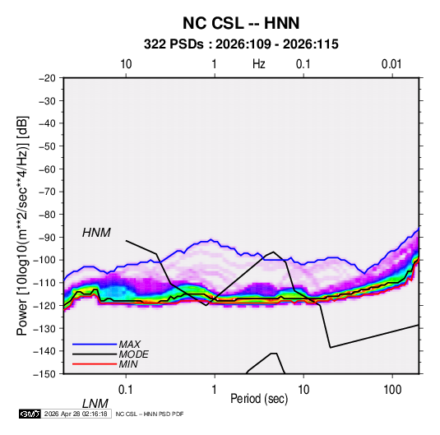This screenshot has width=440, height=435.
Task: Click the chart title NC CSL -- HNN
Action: [x=241, y=23]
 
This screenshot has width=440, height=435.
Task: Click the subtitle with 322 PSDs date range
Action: [x=241, y=44]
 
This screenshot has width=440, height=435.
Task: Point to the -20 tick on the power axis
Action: [x=47, y=78]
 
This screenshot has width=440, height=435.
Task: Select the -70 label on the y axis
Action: [x=47, y=192]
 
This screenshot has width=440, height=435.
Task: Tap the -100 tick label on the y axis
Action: [x=44, y=260]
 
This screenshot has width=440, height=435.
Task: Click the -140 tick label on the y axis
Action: [x=44, y=351]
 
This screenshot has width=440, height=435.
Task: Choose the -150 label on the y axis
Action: [x=44, y=374]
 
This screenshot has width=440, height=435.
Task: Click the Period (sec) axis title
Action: [x=259, y=399]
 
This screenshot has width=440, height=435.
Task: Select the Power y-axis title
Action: [x=22, y=226]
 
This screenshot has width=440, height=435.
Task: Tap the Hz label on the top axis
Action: [x=259, y=64]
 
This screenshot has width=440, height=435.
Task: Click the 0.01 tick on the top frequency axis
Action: [x=391, y=64]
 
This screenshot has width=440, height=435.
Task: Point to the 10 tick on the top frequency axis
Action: [x=126, y=64]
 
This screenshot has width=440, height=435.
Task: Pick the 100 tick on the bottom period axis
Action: [x=392, y=390]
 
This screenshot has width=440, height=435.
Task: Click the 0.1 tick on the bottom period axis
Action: [x=126, y=390]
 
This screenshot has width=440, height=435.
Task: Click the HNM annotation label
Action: [x=96, y=233]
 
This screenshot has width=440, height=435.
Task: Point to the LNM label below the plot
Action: [x=95, y=404]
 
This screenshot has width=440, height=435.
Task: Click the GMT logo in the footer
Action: [x=30, y=414]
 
